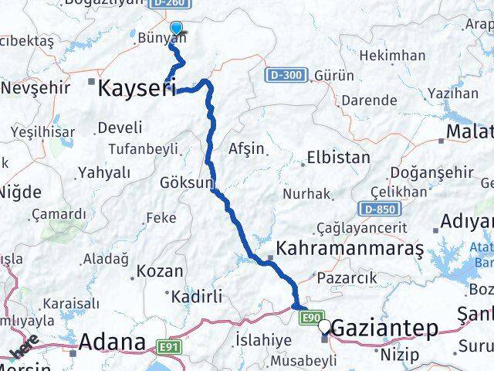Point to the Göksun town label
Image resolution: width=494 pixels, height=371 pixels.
[186, 183]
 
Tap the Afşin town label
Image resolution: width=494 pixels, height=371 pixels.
[246, 148]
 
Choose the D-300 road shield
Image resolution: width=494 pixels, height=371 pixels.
[287, 76]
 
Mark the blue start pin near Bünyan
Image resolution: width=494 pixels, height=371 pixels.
[176, 30]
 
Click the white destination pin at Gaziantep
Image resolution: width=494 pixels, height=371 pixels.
[325, 328]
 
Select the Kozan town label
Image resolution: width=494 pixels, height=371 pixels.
[160, 271]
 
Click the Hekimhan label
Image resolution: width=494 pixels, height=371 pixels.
[394, 55]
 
